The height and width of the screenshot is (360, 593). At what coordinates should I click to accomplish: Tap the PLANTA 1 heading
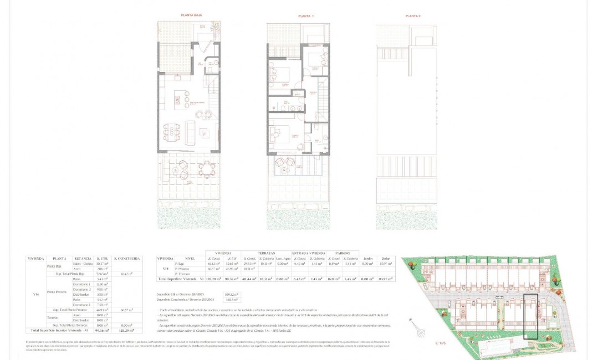(305, 17)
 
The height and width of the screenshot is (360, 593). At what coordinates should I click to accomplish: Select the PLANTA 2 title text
(413, 17)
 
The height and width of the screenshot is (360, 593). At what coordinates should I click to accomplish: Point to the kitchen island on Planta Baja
(180, 100)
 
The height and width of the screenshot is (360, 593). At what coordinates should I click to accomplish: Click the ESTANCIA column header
(83, 258)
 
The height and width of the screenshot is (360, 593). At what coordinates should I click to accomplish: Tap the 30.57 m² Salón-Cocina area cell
(101, 264)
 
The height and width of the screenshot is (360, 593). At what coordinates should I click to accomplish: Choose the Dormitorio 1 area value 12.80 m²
(101, 284)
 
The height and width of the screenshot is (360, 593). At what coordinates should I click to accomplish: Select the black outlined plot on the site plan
(530, 316)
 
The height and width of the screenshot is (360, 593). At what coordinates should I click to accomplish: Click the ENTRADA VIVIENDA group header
(308, 252)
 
